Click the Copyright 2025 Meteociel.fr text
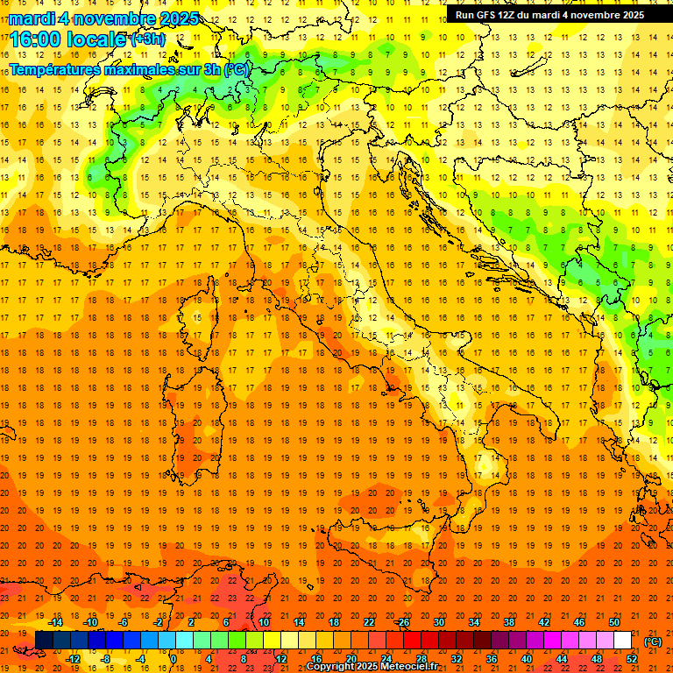(x=372, y=667)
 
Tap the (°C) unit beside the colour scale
(x=653, y=641)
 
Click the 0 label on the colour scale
(x=174, y=659)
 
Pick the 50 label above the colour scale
(x=613, y=622)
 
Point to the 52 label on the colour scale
(x=631, y=659)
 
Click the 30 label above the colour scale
(x=438, y=622)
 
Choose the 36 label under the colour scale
(x=491, y=659)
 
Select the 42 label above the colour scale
(x=543, y=622)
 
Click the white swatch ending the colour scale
(x=622, y=641)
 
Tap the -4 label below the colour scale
(x=140, y=659)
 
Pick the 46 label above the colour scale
(x=578, y=622)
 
